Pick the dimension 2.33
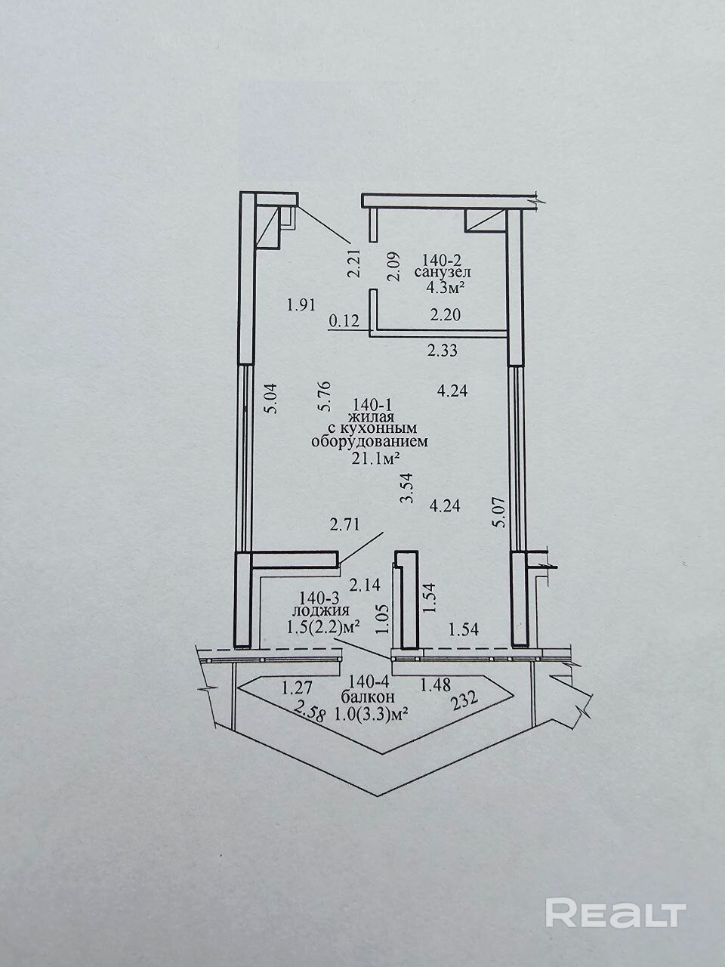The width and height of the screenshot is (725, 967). [443, 350]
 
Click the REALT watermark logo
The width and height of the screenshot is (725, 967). [615, 913]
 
